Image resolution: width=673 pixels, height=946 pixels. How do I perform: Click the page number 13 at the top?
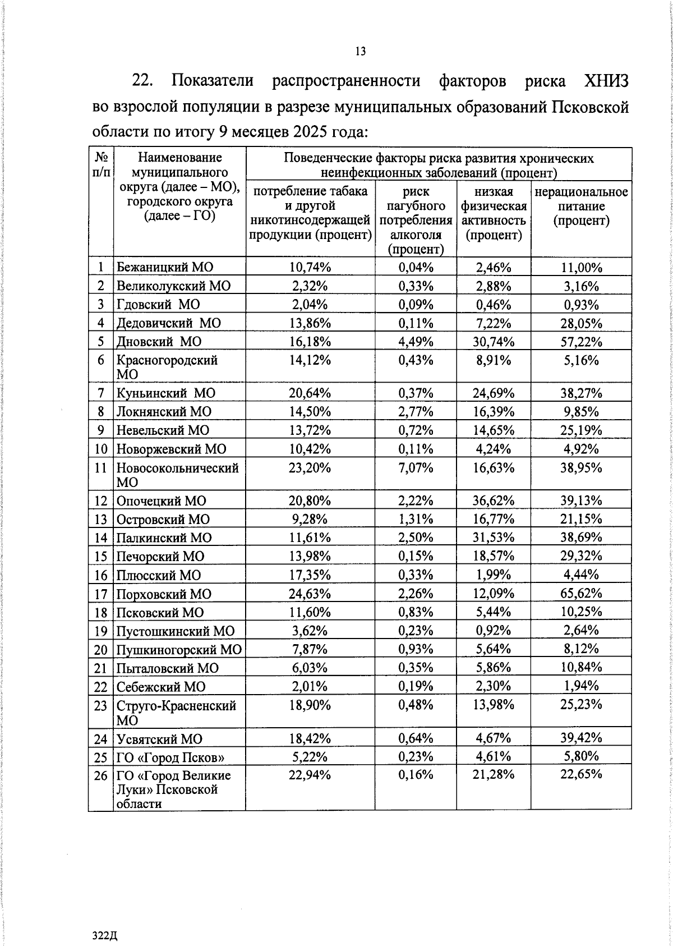point(360,52)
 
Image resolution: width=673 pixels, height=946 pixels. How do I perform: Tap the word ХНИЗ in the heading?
point(606,81)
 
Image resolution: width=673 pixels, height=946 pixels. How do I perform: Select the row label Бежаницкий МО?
point(165,267)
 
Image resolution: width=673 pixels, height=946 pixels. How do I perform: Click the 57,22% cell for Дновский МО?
point(581,342)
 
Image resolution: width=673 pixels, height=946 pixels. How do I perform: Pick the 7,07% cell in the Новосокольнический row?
point(416,467)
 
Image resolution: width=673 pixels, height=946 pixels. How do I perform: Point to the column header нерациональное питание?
point(581,206)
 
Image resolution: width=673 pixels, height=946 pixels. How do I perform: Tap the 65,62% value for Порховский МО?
point(581,594)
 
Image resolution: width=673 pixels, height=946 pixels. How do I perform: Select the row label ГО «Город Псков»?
point(170,757)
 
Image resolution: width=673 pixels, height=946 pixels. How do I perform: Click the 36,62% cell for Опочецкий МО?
point(494,500)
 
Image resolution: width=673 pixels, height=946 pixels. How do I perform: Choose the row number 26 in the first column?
point(100,776)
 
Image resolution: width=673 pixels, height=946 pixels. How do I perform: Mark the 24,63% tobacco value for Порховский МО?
point(310,594)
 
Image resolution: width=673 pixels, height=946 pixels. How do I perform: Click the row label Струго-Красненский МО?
point(176,713)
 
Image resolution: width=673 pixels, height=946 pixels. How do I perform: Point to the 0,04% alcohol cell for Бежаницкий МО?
point(416,267)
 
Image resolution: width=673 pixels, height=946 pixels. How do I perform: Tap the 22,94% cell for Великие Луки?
point(310,776)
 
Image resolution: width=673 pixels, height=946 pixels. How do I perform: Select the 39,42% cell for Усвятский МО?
point(581,738)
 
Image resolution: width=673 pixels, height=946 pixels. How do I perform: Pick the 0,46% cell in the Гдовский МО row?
point(494,305)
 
